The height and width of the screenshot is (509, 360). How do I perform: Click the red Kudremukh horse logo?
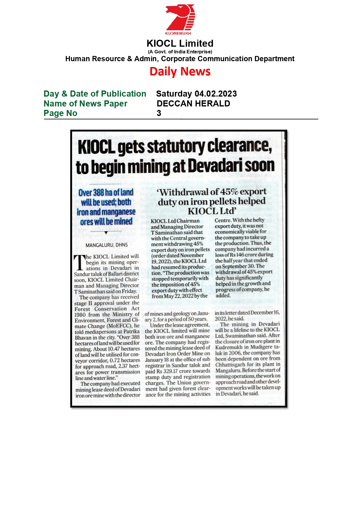point(180,18)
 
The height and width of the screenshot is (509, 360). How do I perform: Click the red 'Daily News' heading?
point(180,71)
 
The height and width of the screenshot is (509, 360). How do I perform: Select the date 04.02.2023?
point(216,94)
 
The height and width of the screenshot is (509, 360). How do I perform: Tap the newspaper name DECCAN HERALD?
point(193,104)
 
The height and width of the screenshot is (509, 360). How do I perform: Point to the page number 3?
point(159,113)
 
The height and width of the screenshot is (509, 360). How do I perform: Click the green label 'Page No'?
point(60,113)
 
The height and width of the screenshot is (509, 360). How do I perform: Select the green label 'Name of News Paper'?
point(85,104)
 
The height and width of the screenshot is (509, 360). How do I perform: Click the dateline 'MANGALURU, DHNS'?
point(106,245)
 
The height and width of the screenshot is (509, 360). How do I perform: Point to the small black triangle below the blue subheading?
point(106,233)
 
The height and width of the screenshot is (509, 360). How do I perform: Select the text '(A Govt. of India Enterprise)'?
point(180,52)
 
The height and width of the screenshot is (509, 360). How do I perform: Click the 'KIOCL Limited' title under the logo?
point(180,44)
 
